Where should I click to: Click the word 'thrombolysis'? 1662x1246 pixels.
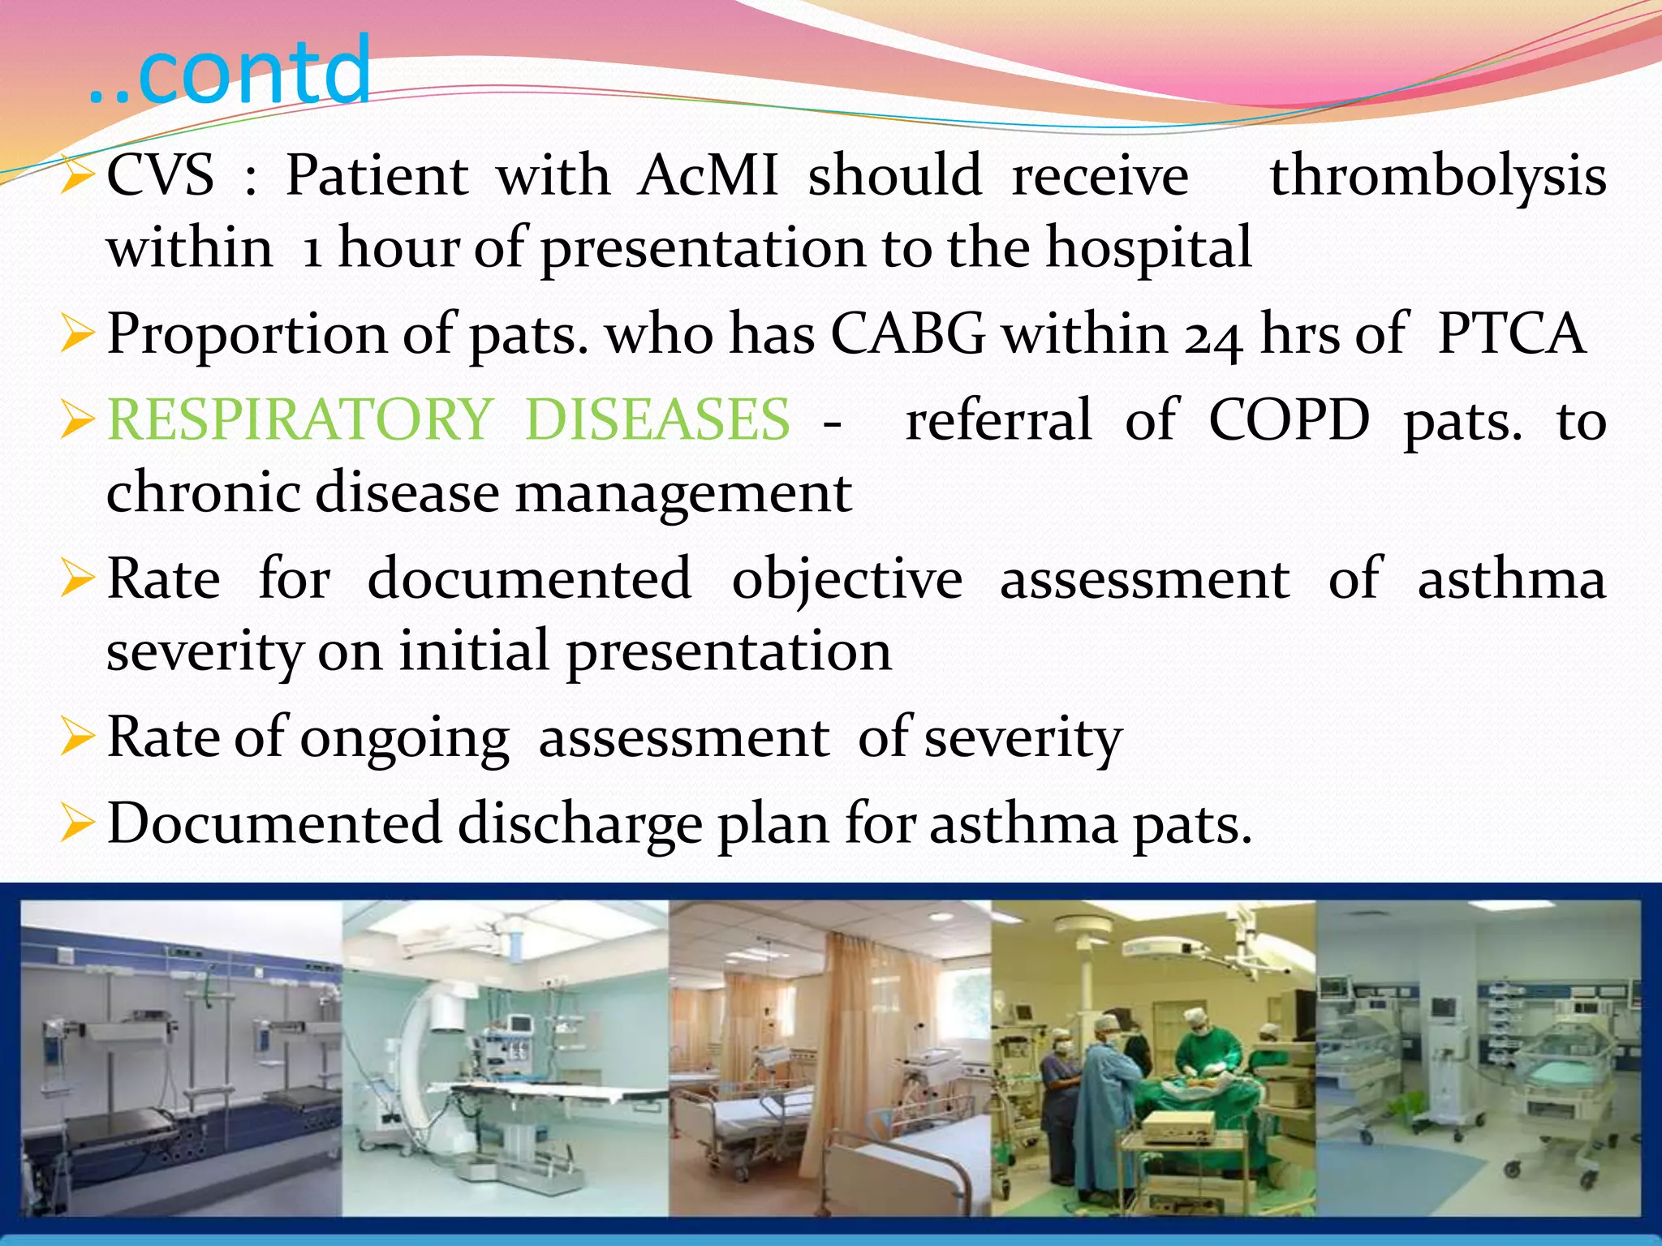(x=1437, y=176)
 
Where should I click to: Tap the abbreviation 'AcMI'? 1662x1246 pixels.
(x=707, y=176)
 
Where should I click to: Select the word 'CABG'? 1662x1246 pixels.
(x=907, y=333)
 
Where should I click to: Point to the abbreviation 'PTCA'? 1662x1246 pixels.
(x=1510, y=333)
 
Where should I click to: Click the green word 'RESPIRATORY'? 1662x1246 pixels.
(x=299, y=419)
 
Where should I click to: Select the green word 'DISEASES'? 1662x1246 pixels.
(x=657, y=419)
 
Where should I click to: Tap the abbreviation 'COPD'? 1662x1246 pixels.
(x=1289, y=419)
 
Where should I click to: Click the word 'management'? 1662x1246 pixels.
(x=683, y=493)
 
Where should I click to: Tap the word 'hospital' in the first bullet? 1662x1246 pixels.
(x=1148, y=247)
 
